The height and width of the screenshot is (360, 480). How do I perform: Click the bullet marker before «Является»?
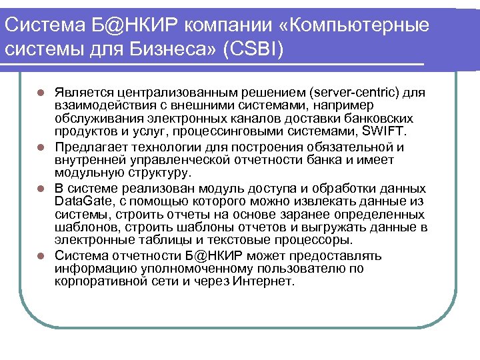click(41, 91)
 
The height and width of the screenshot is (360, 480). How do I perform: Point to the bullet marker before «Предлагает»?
click(41, 147)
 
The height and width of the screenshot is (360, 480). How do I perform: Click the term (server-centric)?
click(345, 91)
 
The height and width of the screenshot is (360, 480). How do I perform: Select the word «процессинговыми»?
click(234, 131)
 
